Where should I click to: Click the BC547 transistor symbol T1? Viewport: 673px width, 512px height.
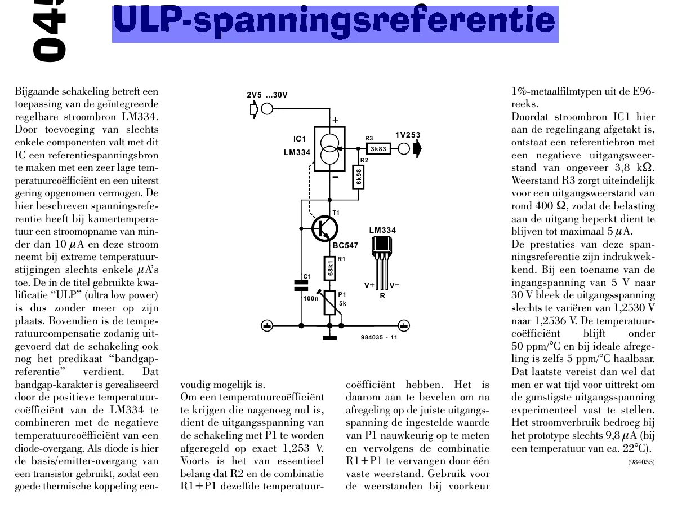325,228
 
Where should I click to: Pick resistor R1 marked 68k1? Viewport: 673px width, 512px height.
330,270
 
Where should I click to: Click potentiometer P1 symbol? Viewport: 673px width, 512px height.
330,303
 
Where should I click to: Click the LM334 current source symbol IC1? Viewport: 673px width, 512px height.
330,148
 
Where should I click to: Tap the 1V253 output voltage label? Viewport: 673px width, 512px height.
408,135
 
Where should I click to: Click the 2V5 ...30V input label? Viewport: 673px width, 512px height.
268,95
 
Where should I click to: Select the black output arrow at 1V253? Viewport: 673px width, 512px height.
418,149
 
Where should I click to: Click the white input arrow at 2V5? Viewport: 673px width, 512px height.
254,108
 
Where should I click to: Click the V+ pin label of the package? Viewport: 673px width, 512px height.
369,285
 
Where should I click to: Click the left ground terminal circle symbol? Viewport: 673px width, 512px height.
268,325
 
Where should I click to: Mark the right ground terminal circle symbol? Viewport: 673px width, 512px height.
404,325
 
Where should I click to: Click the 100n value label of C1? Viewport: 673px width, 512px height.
311,298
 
